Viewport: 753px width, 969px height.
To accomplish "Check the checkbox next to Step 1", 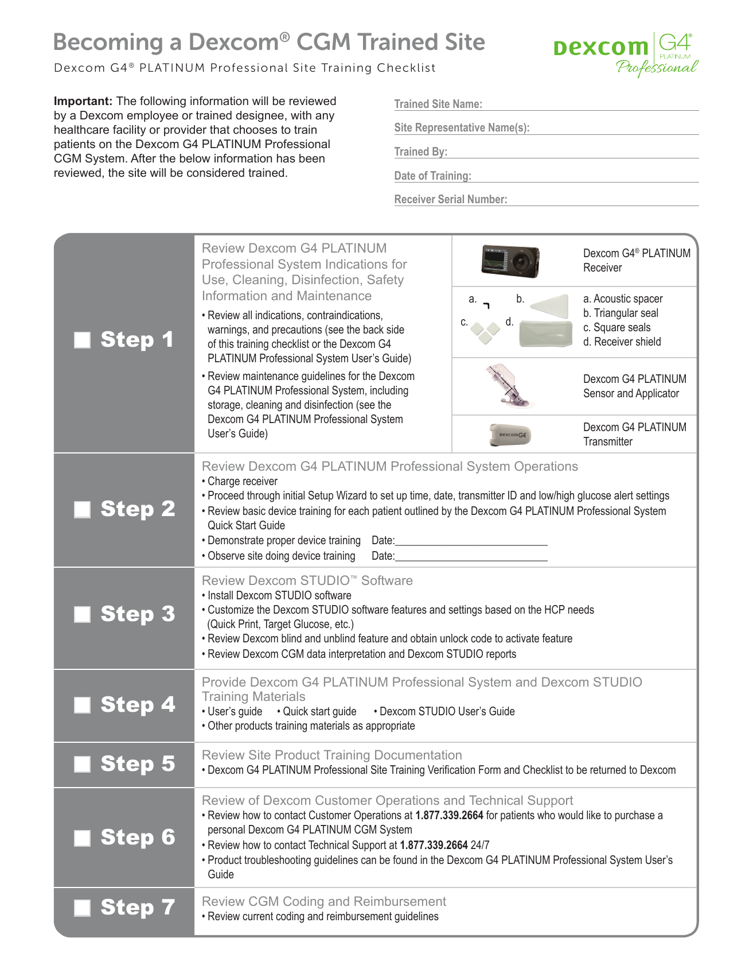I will click(83, 340).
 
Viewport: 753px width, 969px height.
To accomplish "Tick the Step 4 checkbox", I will click(83, 705).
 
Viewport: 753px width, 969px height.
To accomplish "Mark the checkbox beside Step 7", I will click(83, 908).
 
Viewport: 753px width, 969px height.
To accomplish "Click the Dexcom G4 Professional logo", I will click(626, 54).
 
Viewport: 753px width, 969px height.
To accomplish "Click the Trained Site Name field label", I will click(438, 104).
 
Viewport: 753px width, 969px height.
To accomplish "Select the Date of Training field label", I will click(432, 176).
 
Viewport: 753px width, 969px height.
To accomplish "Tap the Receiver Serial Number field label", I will click(450, 199).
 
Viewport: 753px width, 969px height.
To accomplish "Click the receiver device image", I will click(510, 261).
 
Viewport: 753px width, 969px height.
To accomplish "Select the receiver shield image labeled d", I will click(545, 333).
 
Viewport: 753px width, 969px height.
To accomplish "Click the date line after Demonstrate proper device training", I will click(471, 541).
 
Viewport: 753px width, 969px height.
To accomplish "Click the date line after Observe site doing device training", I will click(471, 557).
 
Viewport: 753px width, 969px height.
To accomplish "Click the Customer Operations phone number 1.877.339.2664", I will click(449, 815).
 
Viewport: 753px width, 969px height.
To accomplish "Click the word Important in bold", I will click(83, 101).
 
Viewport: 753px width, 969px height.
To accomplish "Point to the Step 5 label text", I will click(138, 764).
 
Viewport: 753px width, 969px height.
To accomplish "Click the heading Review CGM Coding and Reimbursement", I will click(323, 901).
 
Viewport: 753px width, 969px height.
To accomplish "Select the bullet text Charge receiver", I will click(242, 481).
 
